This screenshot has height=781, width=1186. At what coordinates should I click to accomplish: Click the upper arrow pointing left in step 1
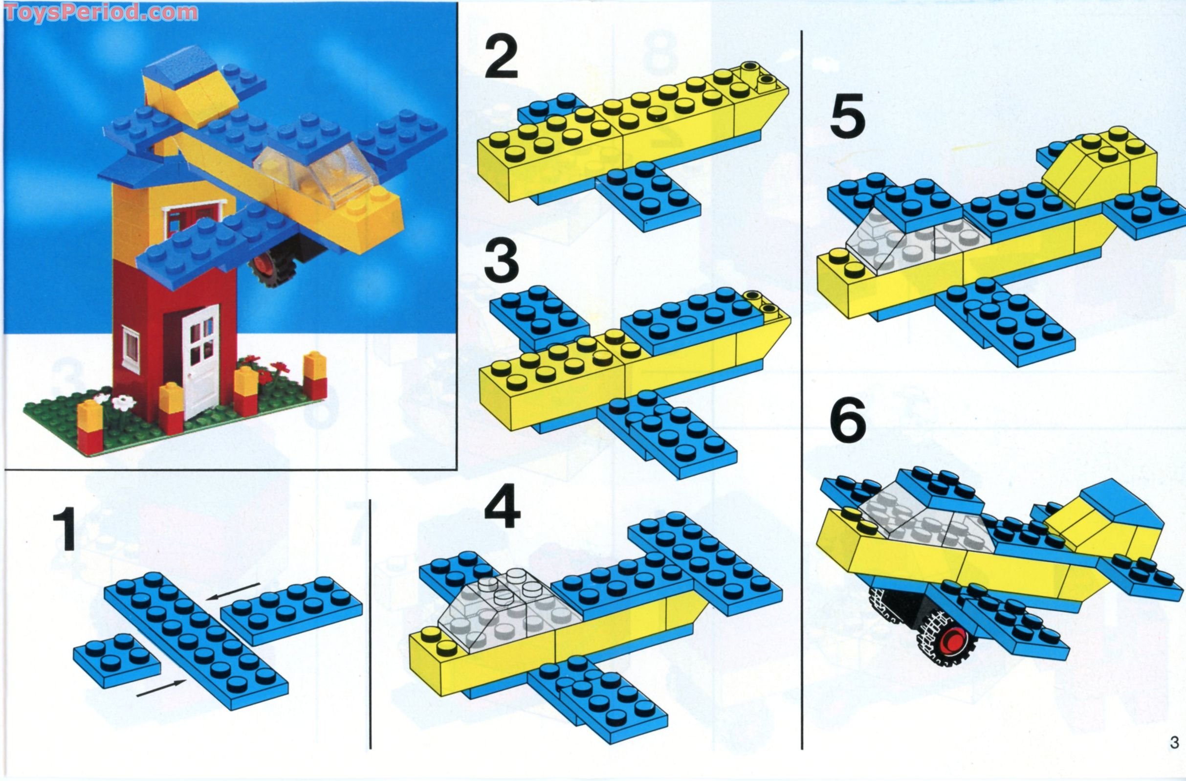pyautogui.click(x=234, y=590)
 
